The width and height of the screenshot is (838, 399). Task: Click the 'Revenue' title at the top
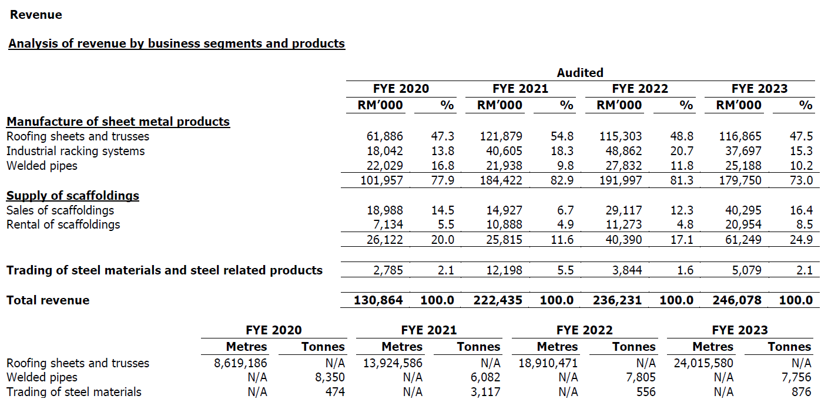pos(36,15)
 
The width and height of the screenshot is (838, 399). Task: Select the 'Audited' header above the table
pos(580,73)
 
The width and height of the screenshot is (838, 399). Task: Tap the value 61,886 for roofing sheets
pos(385,136)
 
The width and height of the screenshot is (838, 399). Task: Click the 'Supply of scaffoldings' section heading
pos(73,196)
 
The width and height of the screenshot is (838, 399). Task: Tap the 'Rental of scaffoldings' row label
pos(63,224)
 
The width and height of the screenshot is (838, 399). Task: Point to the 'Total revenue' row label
pos(48,300)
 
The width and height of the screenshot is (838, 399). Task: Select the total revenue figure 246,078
pos(739,300)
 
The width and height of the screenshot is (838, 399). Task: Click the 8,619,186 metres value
pos(240,363)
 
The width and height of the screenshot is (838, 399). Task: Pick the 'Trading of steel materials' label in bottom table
pos(73,392)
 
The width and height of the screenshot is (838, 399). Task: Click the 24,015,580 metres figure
pos(703,363)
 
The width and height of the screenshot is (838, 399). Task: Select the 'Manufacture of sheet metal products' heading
pos(118,122)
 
